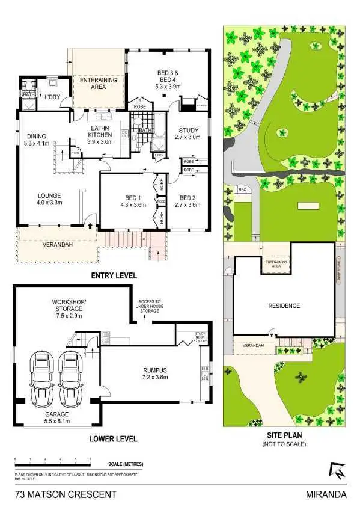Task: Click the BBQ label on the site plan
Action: click(243, 189)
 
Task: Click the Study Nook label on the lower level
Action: click(200, 336)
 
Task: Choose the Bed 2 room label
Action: click(188, 201)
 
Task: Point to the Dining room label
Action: click(37, 140)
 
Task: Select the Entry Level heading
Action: click(114, 275)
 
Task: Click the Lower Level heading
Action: click(113, 438)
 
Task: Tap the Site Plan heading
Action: click(283, 435)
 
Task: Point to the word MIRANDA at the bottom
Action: click(327, 495)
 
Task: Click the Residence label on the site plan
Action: click(284, 306)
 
